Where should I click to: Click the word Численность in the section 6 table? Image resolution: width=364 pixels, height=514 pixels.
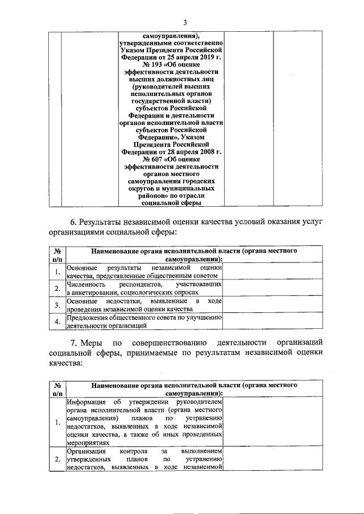coord(86,283)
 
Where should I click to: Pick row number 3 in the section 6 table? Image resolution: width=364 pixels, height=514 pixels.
coord(57,304)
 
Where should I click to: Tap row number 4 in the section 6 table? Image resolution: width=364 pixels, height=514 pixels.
coord(57,322)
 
